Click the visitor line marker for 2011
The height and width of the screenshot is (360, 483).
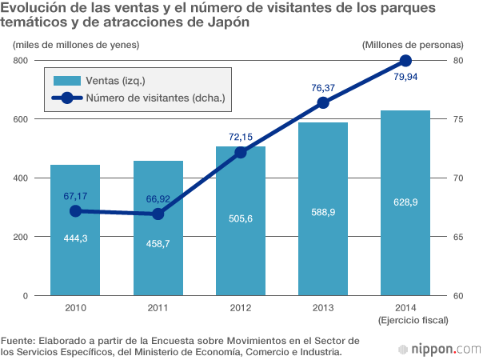(158, 214)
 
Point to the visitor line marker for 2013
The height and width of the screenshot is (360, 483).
(323, 102)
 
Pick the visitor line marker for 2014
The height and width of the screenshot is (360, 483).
(405, 61)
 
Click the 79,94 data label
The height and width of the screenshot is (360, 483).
(406, 77)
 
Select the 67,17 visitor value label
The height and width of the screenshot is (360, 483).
(75, 195)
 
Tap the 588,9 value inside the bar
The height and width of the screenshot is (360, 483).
(323, 213)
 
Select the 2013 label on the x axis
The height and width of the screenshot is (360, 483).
(323, 307)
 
